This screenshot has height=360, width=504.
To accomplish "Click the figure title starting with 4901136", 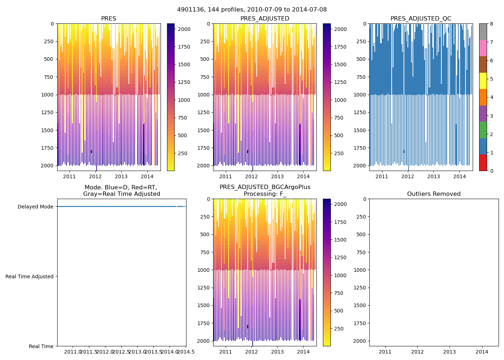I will (252, 10).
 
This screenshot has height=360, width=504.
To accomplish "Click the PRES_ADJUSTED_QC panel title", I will (421, 19).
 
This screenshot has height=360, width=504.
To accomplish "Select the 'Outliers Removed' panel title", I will (434, 194).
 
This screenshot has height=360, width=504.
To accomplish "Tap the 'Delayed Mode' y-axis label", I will (35, 207).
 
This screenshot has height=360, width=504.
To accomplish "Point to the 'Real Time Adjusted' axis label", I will (29, 276).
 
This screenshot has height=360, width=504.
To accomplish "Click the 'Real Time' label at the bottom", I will (41, 346).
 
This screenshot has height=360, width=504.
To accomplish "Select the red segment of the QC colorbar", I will (483, 163).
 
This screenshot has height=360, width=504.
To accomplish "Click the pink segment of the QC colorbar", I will (483, 48).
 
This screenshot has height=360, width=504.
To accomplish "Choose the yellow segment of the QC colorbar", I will (483, 81).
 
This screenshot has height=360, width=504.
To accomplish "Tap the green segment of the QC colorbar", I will (483, 130).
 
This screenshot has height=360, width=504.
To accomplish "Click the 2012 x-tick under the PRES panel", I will (95, 176).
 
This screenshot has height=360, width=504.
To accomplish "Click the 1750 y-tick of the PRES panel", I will (47, 148).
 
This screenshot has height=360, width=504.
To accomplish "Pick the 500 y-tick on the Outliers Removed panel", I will (361, 234).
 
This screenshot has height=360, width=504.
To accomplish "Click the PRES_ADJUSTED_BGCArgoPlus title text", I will (265, 187).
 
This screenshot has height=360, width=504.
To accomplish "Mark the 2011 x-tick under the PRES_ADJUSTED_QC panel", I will (382, 176).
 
